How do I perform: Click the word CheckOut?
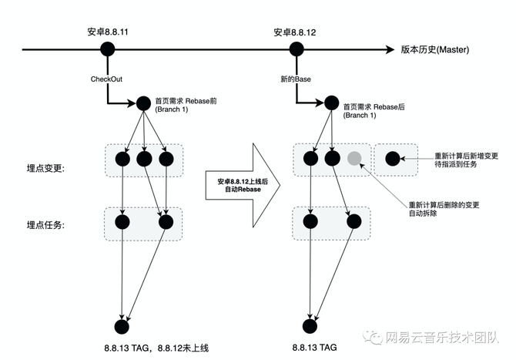(x=106, y=79)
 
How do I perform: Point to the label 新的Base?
(x=296, y=79)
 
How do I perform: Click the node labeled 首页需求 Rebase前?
(x=143, y=102)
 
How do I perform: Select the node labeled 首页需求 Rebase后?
(x=331, y=102)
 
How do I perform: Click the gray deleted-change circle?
(x=353, y=160)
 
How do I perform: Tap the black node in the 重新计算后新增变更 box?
(x=391, y=160)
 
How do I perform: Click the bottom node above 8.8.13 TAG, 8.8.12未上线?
(x=121, y=326)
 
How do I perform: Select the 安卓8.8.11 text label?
(x=107, y=32)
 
